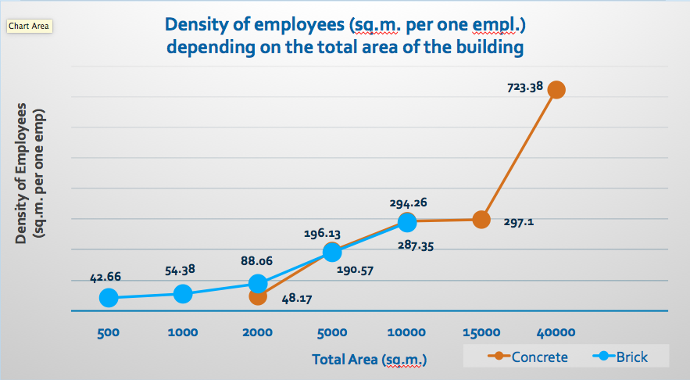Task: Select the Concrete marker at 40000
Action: click(556, 89)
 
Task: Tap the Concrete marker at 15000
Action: click(481, 220)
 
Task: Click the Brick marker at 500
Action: click(109, 297)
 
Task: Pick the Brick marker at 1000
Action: click(183, 293)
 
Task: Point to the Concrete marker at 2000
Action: click(258, 296)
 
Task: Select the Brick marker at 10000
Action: click(407, 222)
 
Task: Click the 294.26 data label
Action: click(408, 203)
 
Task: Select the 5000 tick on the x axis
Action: click(332, 332)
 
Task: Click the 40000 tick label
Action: click(556, 332)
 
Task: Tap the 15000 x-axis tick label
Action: click(481, 332)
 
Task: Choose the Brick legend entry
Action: click(622, 357)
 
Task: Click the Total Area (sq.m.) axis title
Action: click(370, 360)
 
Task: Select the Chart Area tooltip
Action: click(29, 27)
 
